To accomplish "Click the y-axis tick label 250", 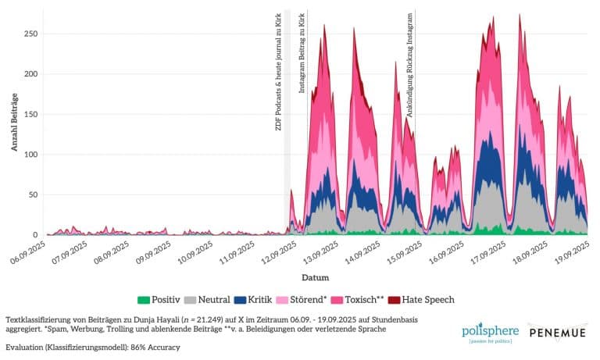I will [30, 34].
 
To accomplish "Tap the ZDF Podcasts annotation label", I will [279, 70].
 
